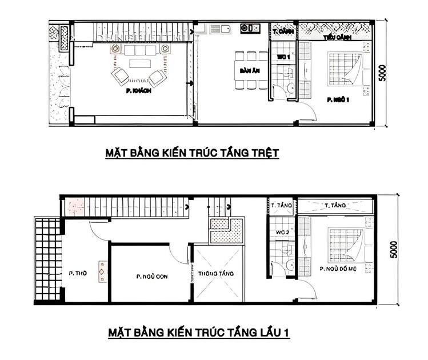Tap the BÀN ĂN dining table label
pyautogui.click(x=247, y=70)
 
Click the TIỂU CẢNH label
pyautogui.click(x=337, y=37)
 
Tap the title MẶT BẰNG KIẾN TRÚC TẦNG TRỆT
pyautogui.click(x=192, y=153)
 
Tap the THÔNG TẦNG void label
pyautogui.click(x=216, y=274)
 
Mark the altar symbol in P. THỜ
pyautogui.click(x=102, y=272)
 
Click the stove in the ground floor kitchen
pyautogui.click(x=250, y=27)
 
